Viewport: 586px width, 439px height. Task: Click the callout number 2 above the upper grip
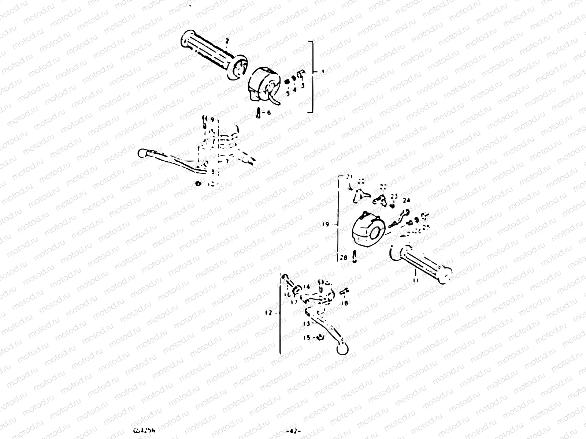tap(227, 41)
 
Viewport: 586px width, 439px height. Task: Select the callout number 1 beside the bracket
tap(323, 72)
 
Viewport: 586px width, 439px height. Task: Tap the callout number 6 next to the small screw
tap(268, 113)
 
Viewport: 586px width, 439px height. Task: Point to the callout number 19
tap(325, 225)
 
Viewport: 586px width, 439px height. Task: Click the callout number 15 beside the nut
tap(307, 337)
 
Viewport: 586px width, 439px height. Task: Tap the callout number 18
tap(344, 303)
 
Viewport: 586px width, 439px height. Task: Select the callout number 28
tap(343, 258)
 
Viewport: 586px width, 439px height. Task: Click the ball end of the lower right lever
tap(342, 350)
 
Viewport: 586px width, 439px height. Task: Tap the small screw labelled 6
tap(259, 112)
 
